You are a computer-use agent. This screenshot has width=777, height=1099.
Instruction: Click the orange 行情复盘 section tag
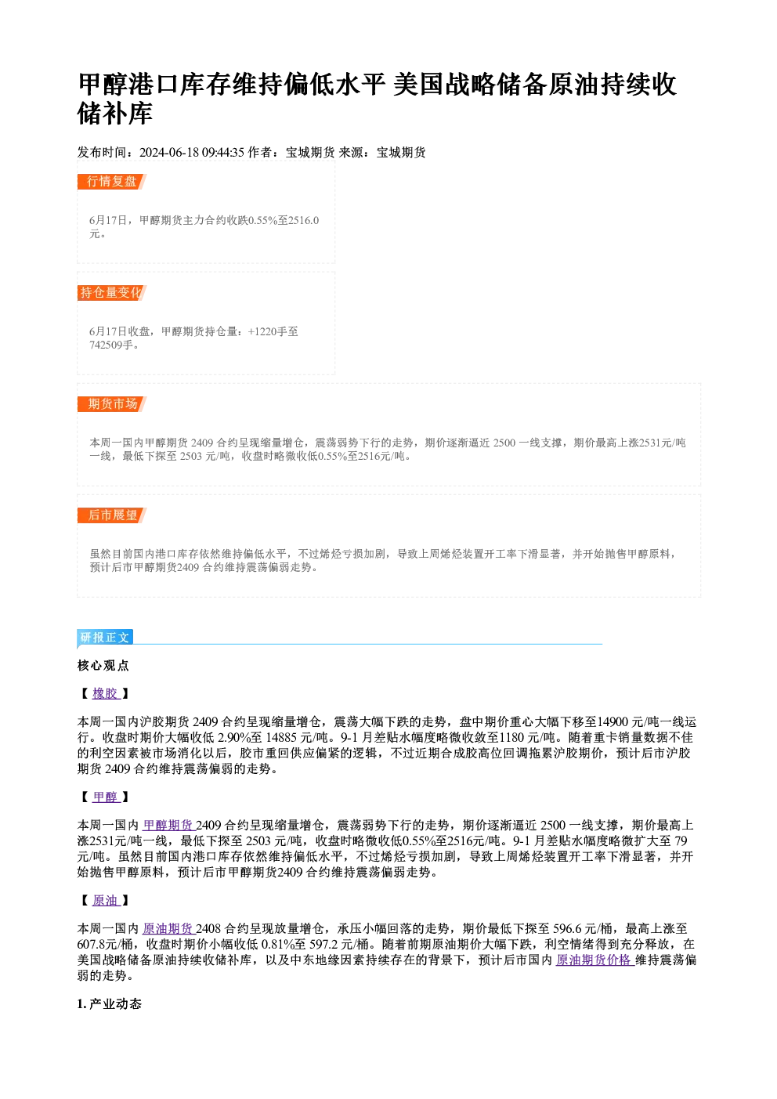point(111,182)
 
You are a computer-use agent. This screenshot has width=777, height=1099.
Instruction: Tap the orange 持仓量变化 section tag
point(111,293)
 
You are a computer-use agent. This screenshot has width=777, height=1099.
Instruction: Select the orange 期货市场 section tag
point(111,404)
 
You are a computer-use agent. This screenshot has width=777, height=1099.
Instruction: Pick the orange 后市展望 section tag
point(111,515)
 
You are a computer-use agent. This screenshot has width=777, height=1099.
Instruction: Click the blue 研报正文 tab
point(105,638)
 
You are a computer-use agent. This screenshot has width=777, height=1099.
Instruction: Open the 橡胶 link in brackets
point(105,693)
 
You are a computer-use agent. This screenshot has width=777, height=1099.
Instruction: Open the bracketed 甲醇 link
point(105,797)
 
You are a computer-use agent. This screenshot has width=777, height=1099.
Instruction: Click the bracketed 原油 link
point(105,900)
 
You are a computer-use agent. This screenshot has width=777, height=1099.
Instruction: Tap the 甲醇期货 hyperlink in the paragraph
point(168,826)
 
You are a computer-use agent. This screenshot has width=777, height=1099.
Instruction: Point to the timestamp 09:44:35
point(222,153)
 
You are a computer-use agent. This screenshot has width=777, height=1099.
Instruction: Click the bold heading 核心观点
point(103,666)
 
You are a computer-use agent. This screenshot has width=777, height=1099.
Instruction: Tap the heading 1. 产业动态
point(110,1003)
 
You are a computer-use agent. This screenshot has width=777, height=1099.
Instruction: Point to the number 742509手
point(111,345)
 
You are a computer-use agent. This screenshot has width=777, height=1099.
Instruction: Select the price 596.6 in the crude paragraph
point(567,929)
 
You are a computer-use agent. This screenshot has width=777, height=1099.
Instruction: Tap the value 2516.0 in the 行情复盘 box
point(304,220)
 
